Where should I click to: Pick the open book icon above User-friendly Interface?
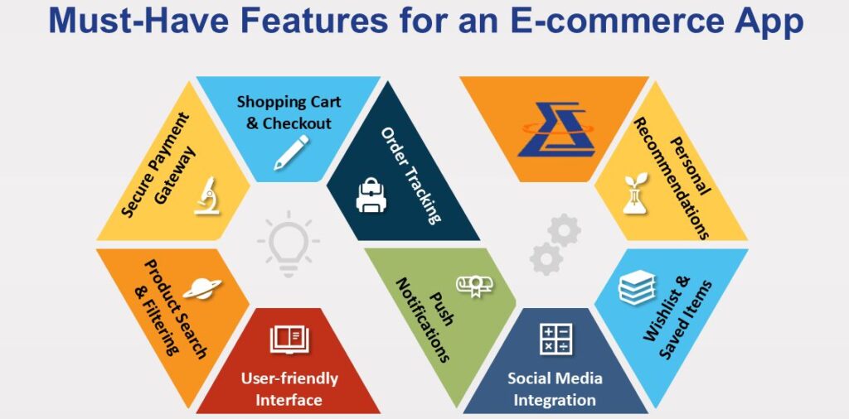pos(289,340)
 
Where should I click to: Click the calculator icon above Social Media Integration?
pos(556,340)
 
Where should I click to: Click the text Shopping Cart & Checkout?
pos(289,113)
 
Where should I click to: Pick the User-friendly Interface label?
pos(289,388)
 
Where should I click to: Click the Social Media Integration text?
pos(555,388)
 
